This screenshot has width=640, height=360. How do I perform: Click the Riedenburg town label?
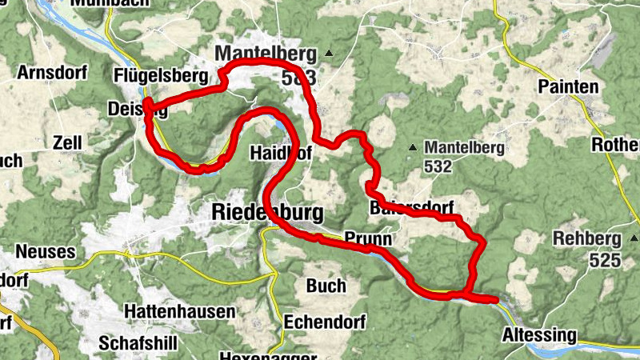tap(268, 212)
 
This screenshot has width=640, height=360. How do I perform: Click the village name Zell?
tap(67, 142)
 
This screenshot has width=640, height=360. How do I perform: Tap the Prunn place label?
tap(368, 238)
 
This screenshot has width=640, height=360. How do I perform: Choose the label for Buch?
tap(326, 286)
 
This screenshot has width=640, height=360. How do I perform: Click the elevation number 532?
tap(439, 166)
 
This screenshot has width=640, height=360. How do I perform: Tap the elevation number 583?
tap(298, 78)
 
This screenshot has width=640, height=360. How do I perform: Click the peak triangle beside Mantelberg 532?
tap(413, 147)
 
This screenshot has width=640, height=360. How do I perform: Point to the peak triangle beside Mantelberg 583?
tap(327, 54)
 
